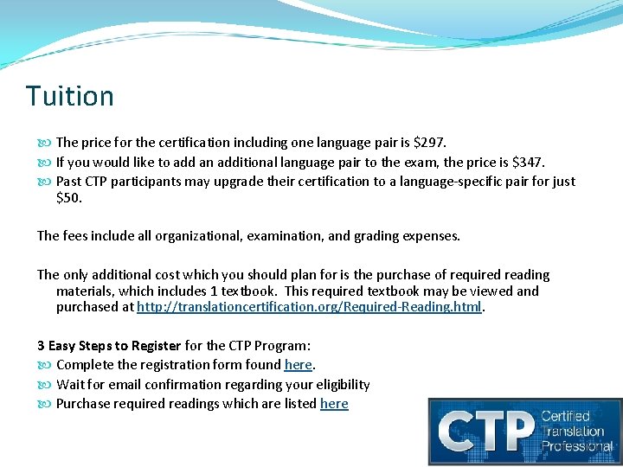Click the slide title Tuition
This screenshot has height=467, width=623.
[70, 95]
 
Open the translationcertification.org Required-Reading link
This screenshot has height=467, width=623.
[309, 307]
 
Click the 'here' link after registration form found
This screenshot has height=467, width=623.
[298, 365]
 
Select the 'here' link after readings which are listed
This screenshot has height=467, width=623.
[334, 404]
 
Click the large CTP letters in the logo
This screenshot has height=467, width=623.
[485, 431]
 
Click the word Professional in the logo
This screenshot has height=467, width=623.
[577, 447]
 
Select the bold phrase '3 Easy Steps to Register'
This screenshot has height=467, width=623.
[109, 346]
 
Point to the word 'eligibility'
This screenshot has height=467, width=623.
[343, 385]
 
